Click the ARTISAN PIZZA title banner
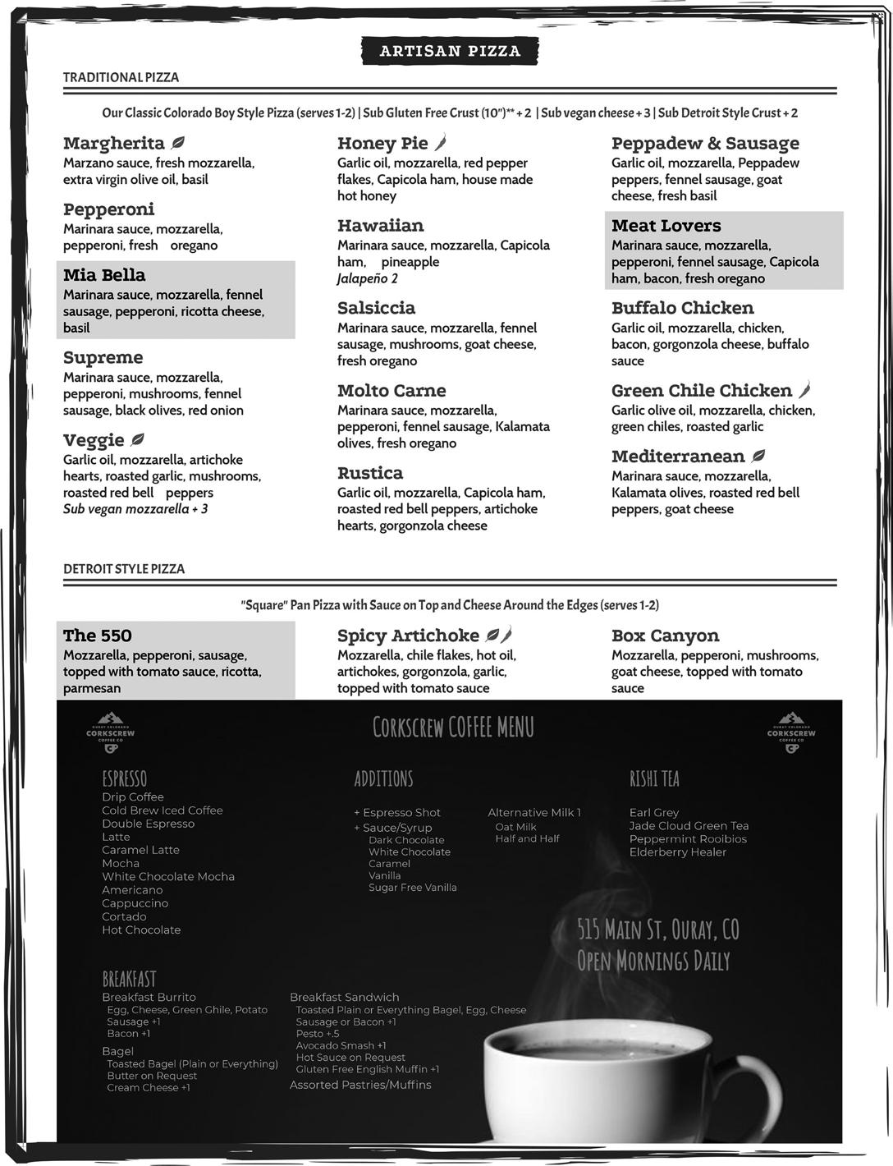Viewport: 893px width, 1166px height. (x=450, y=51)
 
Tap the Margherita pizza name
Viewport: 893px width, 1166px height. (x=113, y=144)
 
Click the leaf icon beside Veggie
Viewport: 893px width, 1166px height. (x=138, y=440)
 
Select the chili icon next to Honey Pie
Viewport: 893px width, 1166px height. (x=441, y=143)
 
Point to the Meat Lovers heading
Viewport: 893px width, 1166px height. (x=666, y=226)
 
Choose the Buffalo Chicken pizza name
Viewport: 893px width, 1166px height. (x=682, y=308)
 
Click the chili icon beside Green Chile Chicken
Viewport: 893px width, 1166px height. (x=804, y=390)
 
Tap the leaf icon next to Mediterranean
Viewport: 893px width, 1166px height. (x=759, y=456)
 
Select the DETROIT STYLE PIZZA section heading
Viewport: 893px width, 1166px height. (x=124, y=568)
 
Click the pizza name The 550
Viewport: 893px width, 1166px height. (x=97, y=636)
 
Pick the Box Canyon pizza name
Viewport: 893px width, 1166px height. (x=665, y=636)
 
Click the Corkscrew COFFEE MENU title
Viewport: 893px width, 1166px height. (x=453, y=728)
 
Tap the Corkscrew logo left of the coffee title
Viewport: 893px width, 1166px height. (x=110, y=732)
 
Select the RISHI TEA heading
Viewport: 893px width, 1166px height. (x=654, y=778)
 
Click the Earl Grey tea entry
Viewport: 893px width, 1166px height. (x=654, y=812)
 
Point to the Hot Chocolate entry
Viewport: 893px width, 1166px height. (x=141, y=930)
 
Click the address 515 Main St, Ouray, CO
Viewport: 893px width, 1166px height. (x=657, y=930)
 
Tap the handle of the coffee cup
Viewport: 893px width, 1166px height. (x=763, y=1092)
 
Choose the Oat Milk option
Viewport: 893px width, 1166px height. (x=515, y=827)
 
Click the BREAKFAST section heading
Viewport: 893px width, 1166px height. (x=129, y=979)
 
